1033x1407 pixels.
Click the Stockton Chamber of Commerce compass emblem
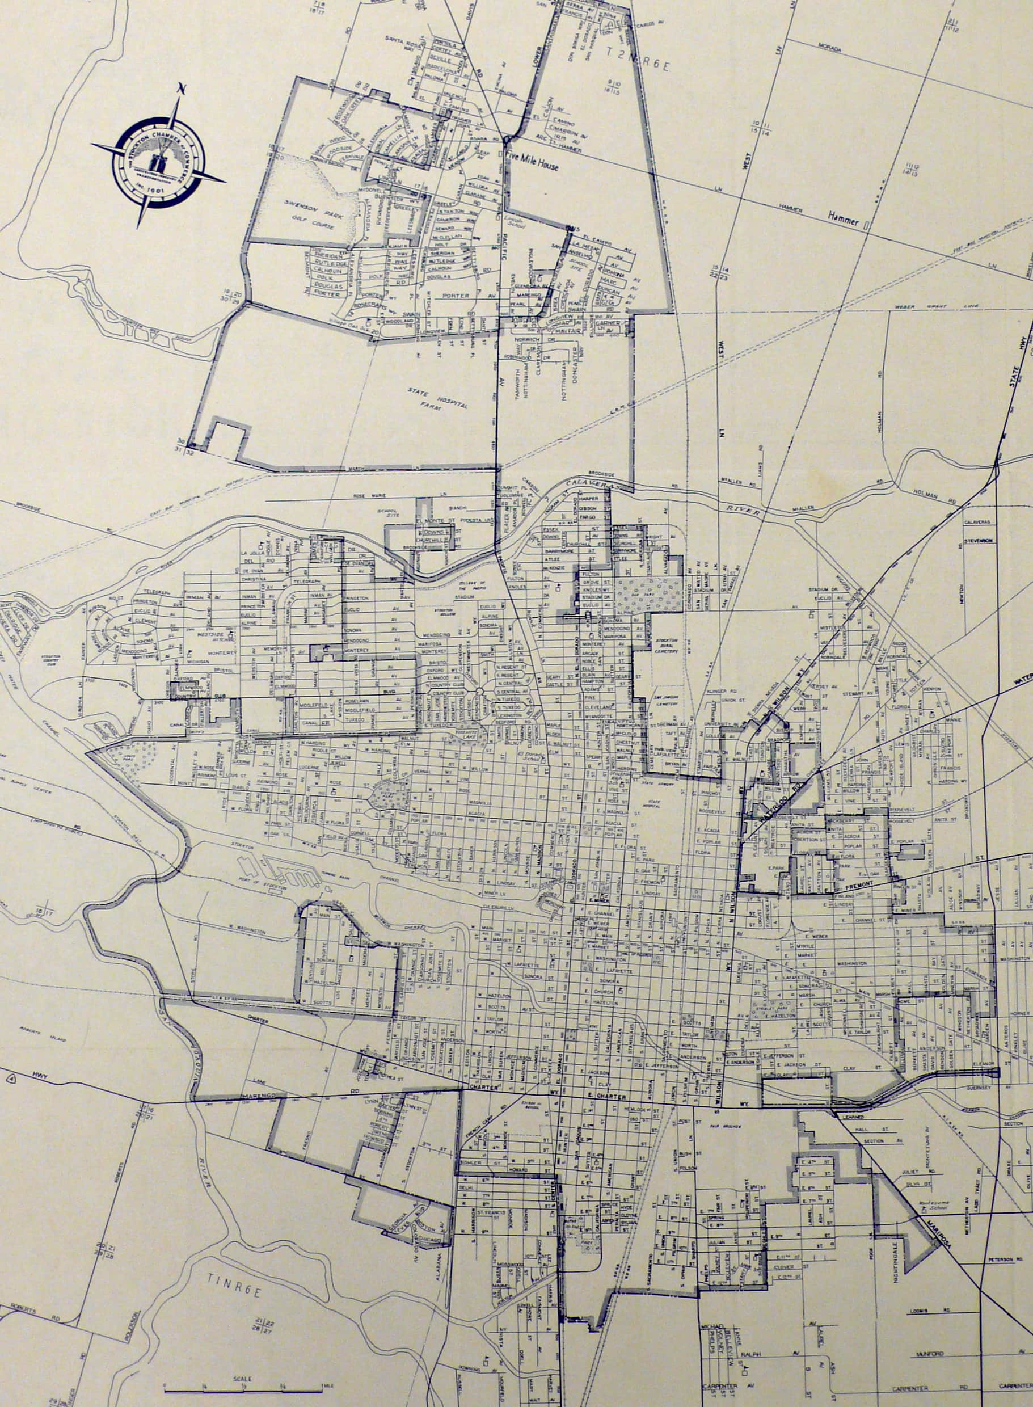[x=159, y=163]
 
